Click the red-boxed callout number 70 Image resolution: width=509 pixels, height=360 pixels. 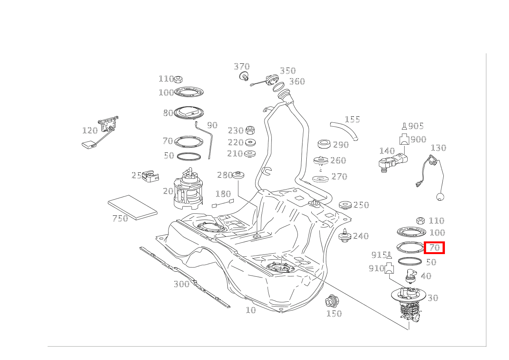tap(434, 248)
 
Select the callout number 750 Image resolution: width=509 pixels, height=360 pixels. tap(120, 219)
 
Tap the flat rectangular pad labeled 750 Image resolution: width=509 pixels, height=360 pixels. tap(133, 206)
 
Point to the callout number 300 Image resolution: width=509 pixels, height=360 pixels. tap(182, 284)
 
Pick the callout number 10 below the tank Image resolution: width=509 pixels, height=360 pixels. tap(251, 310)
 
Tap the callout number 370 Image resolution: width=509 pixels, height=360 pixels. tap(242, 67)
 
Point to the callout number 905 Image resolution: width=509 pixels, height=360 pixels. tap(416, 126)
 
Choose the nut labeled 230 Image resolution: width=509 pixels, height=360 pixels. tap(250, 130)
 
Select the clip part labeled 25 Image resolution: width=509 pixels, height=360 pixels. tap(150, 177)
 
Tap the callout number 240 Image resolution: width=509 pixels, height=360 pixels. tap(361, 236)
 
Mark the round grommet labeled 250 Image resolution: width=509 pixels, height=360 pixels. tap(345, 205)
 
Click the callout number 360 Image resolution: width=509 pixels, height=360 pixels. tap(297, 81)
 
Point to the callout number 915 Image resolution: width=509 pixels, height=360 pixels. tap(379, 255)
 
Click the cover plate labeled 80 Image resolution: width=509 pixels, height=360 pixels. tap(188, 112)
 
